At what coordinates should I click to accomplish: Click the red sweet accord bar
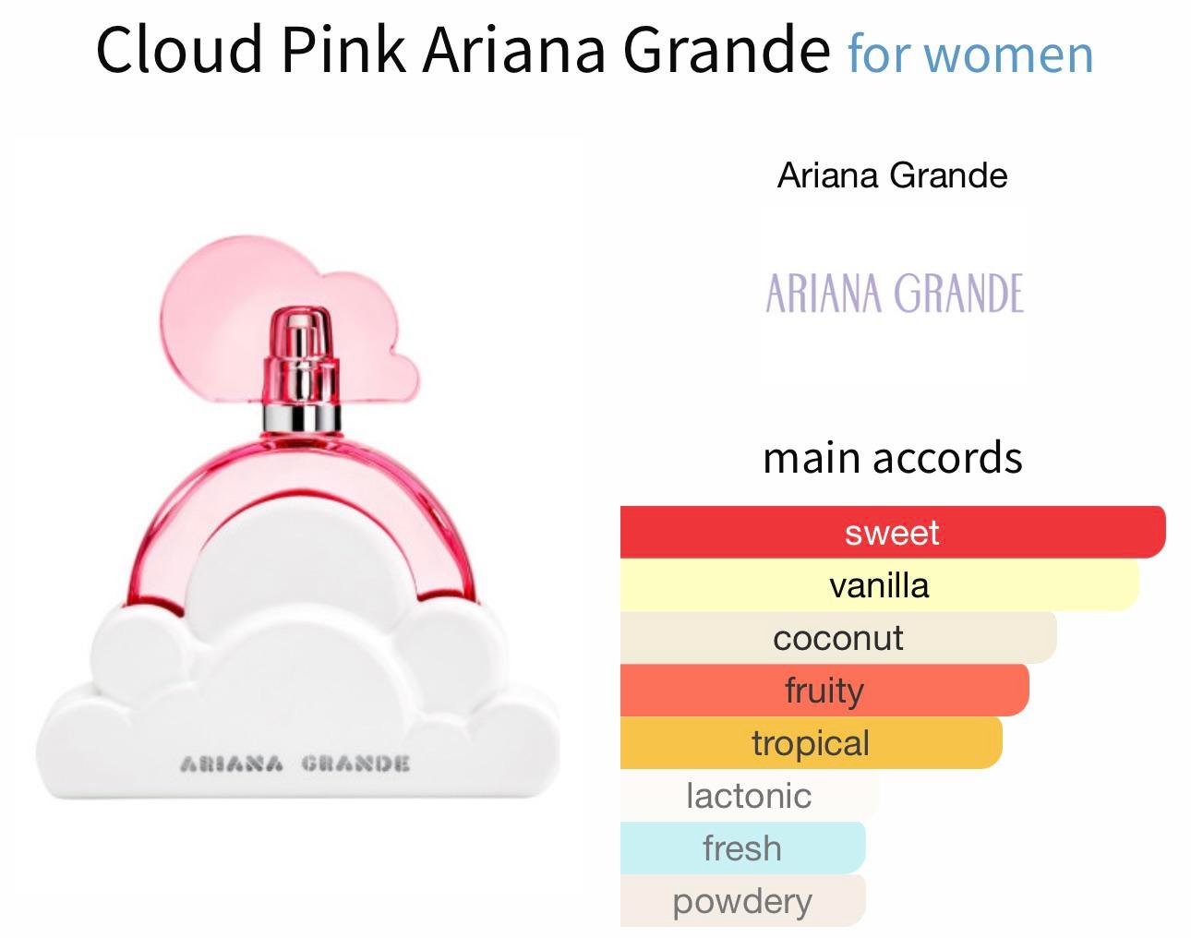pyautogui.click(x=893, y=532)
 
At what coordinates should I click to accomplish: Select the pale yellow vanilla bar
pyautogui.click(x=880, y=584)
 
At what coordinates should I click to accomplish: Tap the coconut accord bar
pyautogui.click(x=838, y=637)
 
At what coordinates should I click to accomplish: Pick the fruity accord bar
pyautogui.click(x=824, y=690)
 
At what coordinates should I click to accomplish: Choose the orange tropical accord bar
pyautogui.click(x=812, y=742)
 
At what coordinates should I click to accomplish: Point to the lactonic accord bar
pyautogui.click(x=750, y=795)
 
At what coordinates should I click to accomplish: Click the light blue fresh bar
pyautogui.click(x=742, y=848)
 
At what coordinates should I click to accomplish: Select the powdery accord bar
pyautogui.click(x=742, y=900)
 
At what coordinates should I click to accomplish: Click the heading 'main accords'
pyautogui.click(x=892, y=458)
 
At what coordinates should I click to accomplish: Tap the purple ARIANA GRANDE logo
pyautogui.click(x=895, y=293)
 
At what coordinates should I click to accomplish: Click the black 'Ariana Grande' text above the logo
pyautogui.click(x=892, y=176)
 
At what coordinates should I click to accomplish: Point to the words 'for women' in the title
pyautogui.click(x=970, y=54)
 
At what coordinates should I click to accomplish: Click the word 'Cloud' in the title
pyautogui.click(x=179, y=49)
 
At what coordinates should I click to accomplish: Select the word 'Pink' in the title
pyautogui.click(x=344, y=49)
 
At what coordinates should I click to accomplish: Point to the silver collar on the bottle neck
pyautogui.click(x=302, y=418)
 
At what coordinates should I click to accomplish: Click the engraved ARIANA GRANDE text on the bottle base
pyautogui.click(x=295, y=764)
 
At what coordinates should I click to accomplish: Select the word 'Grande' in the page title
pyautogui.click(x=727, y=49)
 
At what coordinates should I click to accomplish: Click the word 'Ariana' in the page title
pyautogui.click(x=513, y=49)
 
